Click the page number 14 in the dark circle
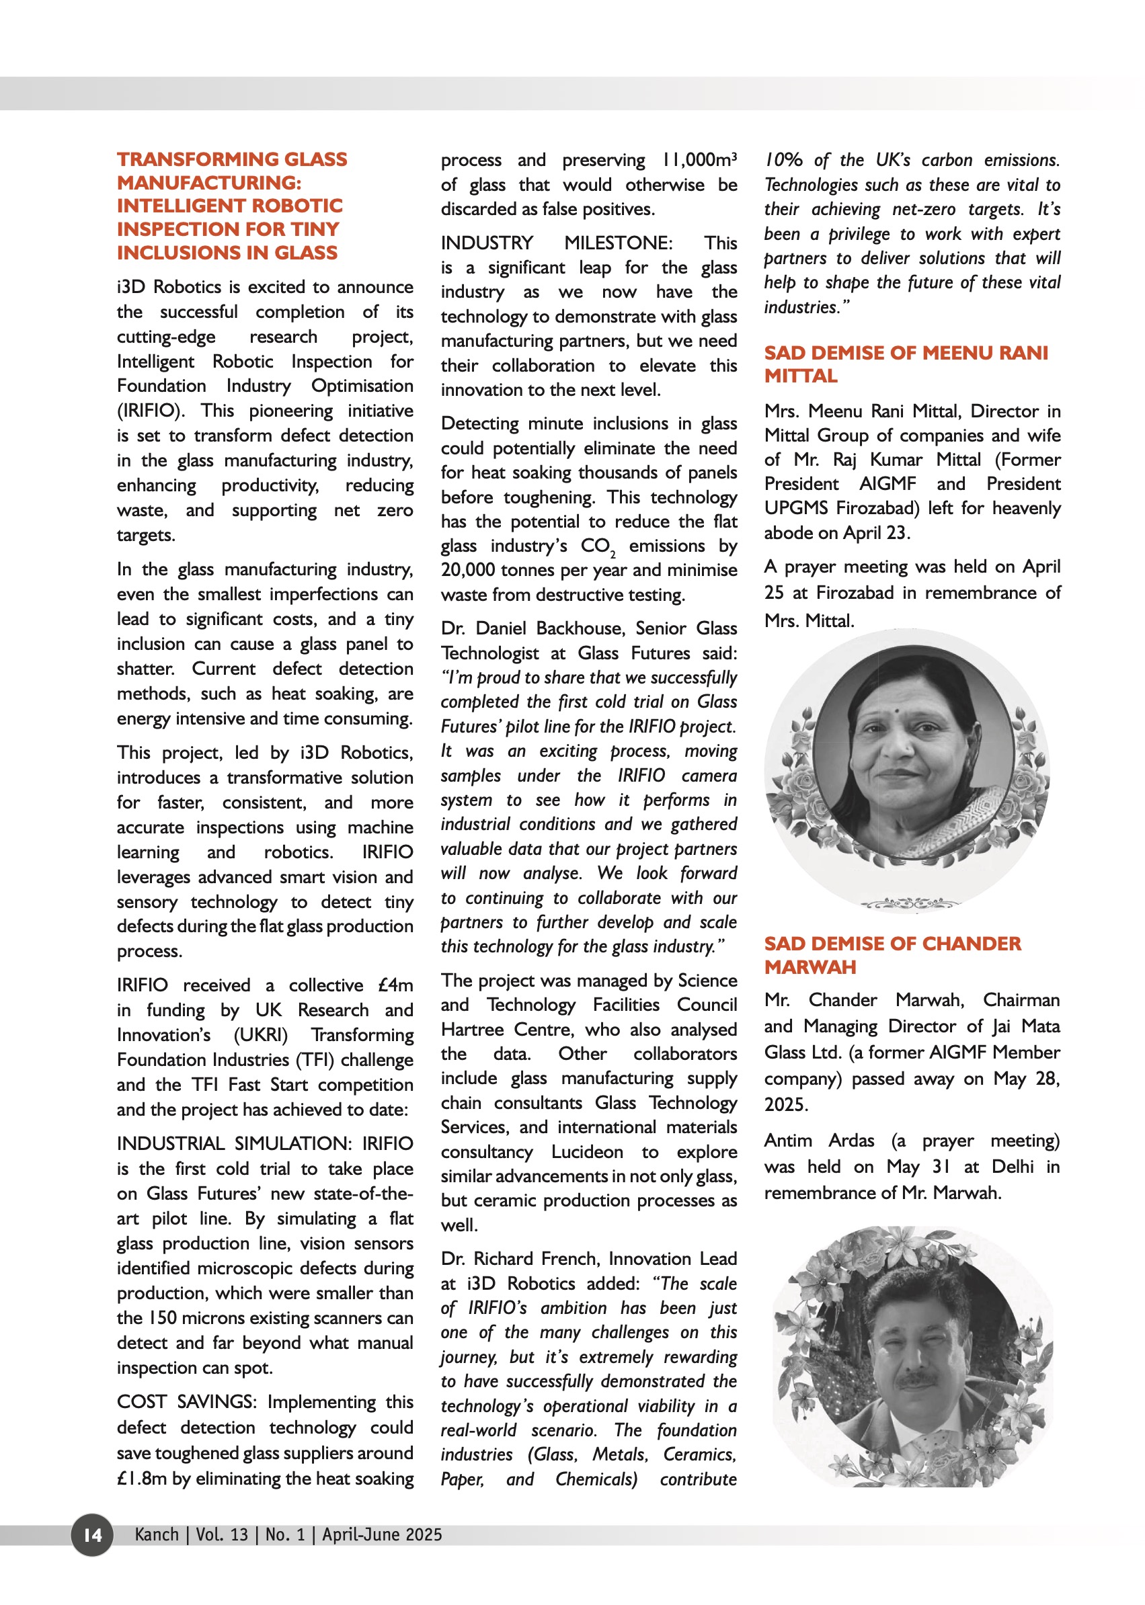tap(92, 1534)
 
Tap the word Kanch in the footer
tap(157, 1534)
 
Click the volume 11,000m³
tap(699, 160)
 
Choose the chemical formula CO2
tap(598, 546)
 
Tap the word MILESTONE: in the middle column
tap(618, 243)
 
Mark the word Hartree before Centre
tap(473, 1029)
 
